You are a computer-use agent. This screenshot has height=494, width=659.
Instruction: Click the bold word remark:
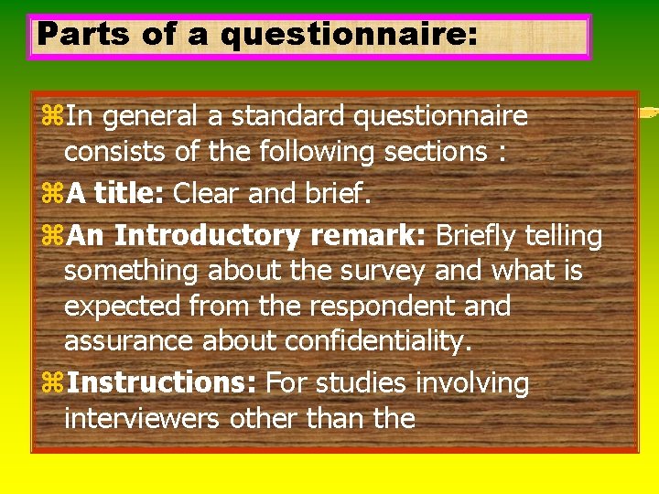[368, 236]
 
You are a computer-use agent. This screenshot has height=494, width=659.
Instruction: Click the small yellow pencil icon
[648, 113]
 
